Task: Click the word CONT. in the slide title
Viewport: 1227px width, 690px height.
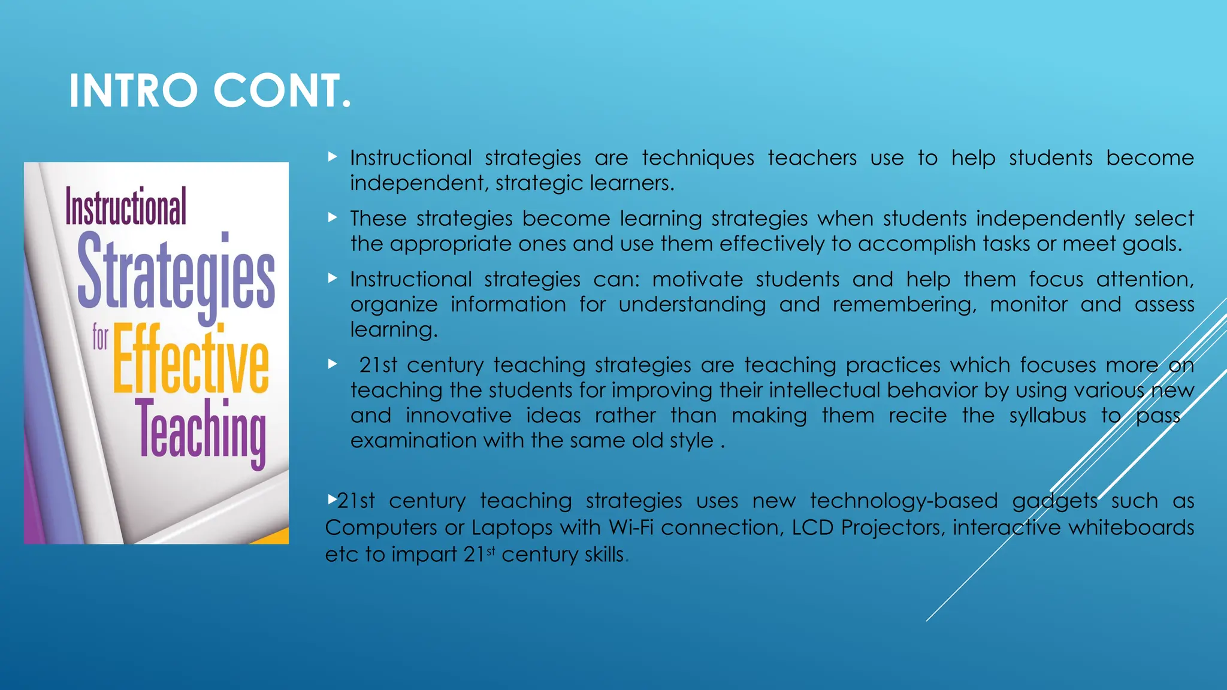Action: click(282, 91)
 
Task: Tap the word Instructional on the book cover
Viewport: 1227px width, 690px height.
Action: click(126, 207)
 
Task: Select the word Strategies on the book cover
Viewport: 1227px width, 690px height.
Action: click(176, 273)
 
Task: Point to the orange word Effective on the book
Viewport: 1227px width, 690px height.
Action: click(191, 359)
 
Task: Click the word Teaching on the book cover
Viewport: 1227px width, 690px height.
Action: click(201, 431)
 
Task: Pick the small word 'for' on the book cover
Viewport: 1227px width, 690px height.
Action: click(100, 337)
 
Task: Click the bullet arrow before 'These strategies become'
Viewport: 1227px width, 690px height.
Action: click(333, 217)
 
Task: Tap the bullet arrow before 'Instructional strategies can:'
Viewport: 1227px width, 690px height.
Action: click(333, 278)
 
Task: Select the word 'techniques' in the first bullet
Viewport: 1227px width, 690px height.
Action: click(698, 158)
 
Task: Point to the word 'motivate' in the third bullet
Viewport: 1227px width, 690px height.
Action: click(697, 280)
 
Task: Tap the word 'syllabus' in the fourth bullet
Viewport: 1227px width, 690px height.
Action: click(1047, 416)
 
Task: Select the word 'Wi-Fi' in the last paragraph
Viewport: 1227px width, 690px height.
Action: click(631, 528)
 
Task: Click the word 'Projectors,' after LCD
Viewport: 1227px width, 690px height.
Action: click(893, 528)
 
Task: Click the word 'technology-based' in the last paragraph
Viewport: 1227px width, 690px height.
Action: click(903, 501)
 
